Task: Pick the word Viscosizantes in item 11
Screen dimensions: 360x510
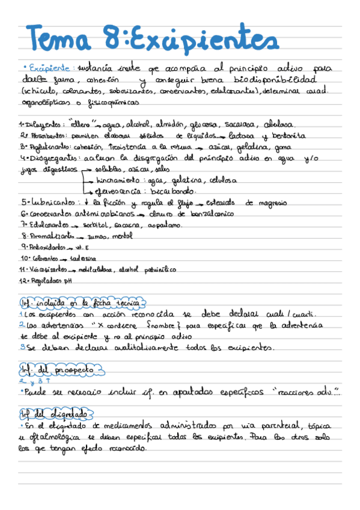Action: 43,269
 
